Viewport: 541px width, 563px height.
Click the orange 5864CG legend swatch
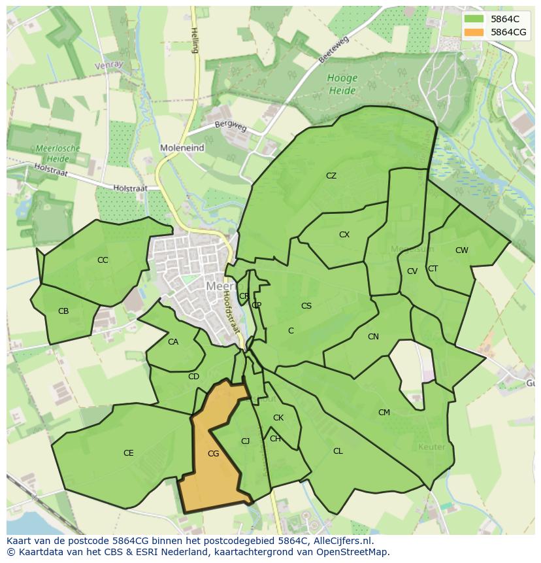click(x=475, y=32)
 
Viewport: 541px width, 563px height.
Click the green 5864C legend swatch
click(x=475, y=19)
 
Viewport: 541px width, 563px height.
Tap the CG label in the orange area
click(x=213, y=453)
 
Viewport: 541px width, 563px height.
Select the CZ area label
click(x=331, y=176)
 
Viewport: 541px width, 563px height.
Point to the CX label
click(x=344, y=235)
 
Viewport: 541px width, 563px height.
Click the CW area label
click(x=462, y=250)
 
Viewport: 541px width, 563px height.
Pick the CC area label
click(x=103, y=260)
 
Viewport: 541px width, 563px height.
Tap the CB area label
click(x=63, y=311)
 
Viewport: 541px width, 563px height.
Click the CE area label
click(x=129, y=453)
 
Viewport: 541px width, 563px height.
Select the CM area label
click(x=384, y=413)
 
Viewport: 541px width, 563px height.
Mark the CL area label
click(x=338, y=451)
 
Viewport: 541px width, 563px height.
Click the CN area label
click(x=373, y=337)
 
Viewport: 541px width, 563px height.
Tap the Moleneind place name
click(x=182, y=148)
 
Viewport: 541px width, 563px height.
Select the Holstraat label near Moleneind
click(x=130, y=188)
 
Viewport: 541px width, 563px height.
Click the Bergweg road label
click(x=231, y=126)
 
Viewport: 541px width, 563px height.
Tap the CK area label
click(x=278, y=418)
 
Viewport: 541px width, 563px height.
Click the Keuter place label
click(x=431, y=447)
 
